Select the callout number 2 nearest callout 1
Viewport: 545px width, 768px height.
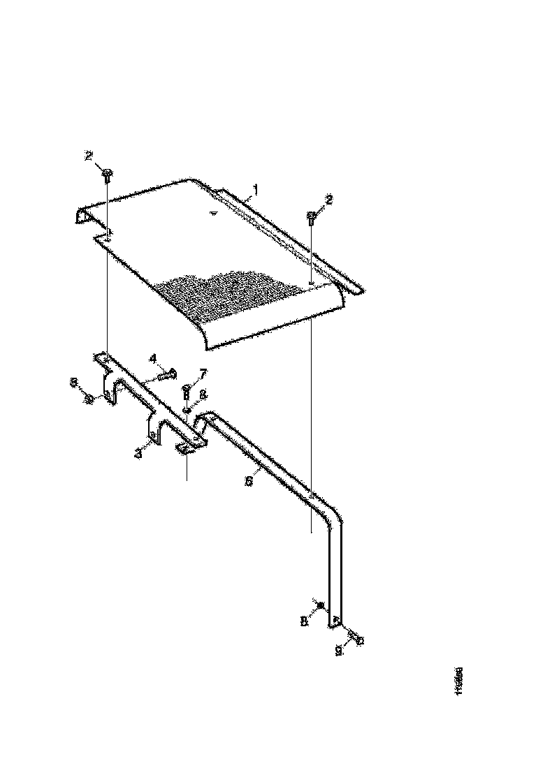coord(329,199)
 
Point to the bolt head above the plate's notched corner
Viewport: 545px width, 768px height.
coord(107,172)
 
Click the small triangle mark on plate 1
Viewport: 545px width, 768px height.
coord(214,212)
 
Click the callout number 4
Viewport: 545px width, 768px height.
coord(152,358)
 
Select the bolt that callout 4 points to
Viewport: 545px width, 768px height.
coord(165,376)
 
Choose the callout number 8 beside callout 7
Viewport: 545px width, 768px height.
coord(203,394)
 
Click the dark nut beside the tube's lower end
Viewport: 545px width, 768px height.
coord(319,605)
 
